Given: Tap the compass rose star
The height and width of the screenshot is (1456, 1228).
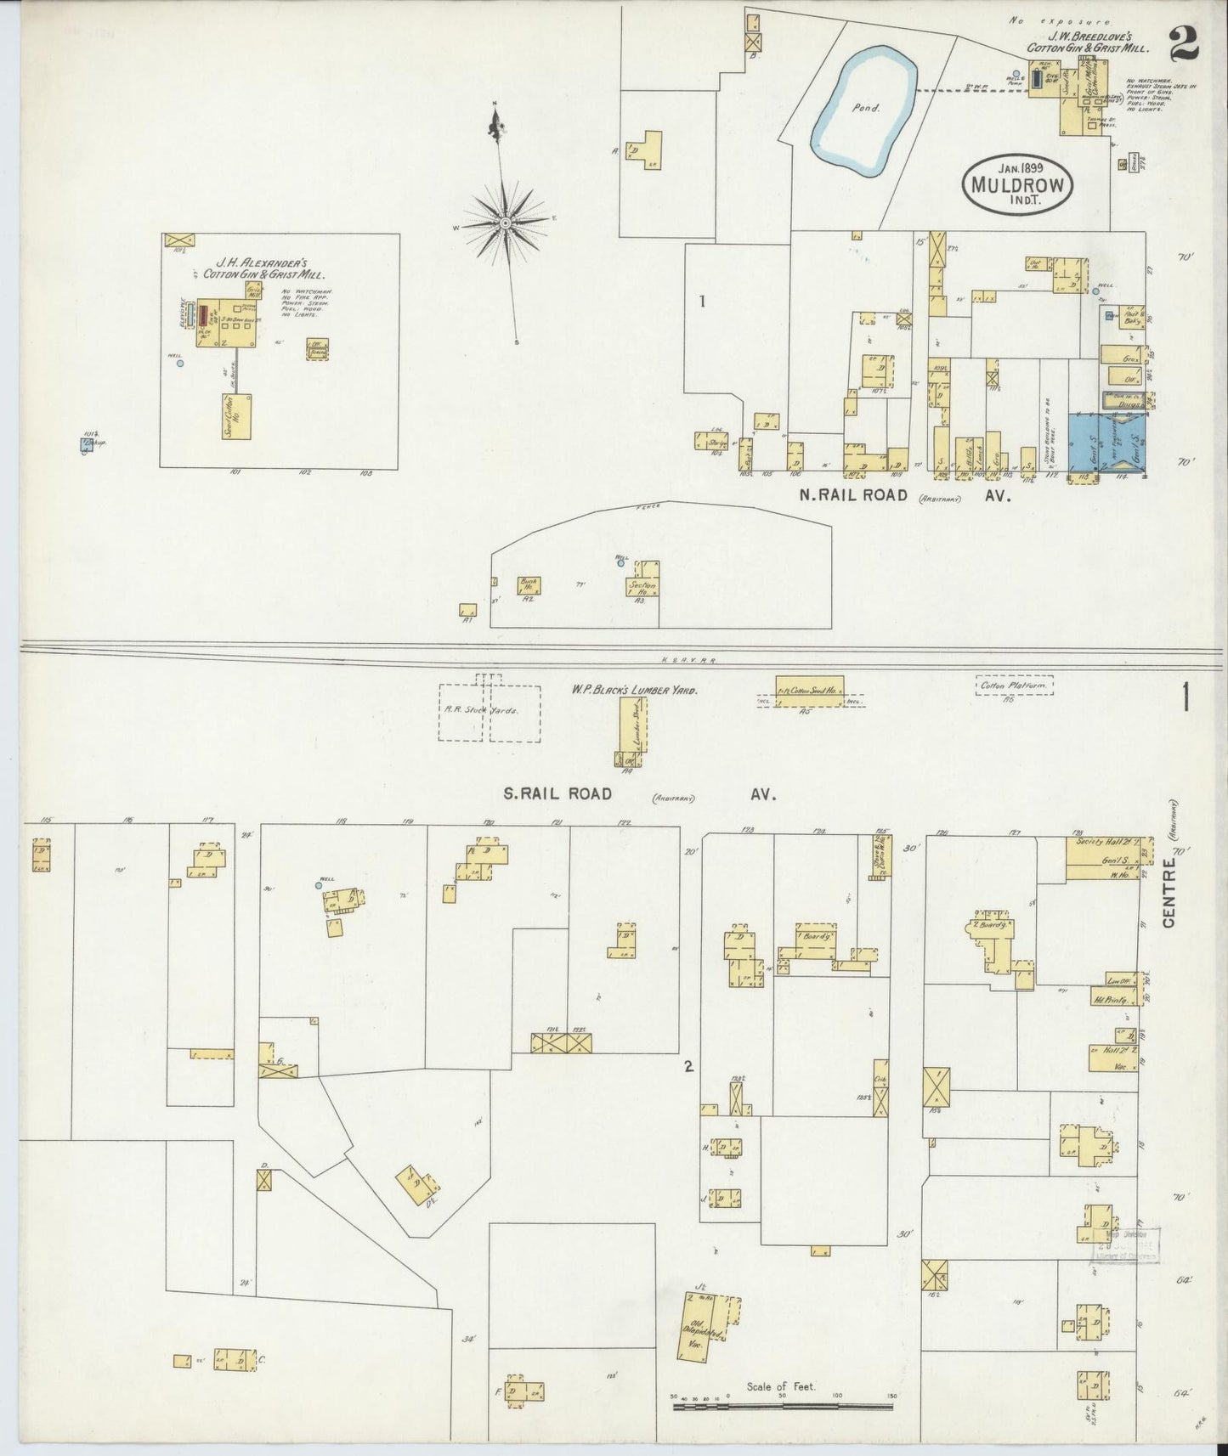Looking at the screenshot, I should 505,223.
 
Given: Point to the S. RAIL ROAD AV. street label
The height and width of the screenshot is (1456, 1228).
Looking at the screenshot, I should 637,795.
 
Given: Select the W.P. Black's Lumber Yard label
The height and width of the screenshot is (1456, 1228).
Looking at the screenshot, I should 634,691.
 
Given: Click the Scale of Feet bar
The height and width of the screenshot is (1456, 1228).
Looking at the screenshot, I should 782,1407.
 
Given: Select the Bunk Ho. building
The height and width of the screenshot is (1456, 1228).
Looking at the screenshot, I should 528,585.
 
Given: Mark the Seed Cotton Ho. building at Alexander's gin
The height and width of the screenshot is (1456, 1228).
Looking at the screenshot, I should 236,416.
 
